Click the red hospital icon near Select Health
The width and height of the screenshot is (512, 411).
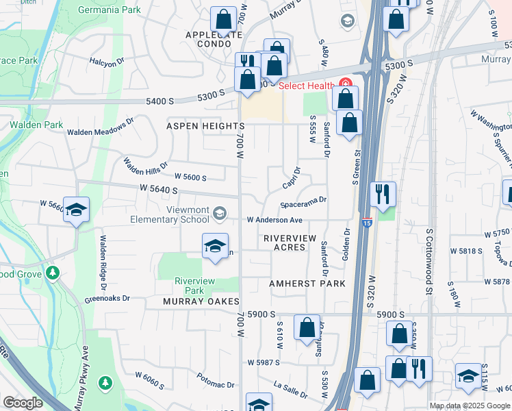coord(346,85)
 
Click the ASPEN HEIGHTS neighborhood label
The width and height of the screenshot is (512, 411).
coord(205,127)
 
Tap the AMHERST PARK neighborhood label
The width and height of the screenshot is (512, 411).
coord(307,284)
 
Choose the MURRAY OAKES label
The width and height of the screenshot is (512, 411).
coord(201,301)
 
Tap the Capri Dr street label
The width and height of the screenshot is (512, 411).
coord(292,179)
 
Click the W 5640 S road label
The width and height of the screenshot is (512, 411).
coord(159,189)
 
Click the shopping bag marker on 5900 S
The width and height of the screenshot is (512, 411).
coord(307,326)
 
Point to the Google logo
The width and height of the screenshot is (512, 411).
coord(23,403)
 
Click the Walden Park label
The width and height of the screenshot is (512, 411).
coord(28,125)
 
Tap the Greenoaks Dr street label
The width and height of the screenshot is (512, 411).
coord(107,299)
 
